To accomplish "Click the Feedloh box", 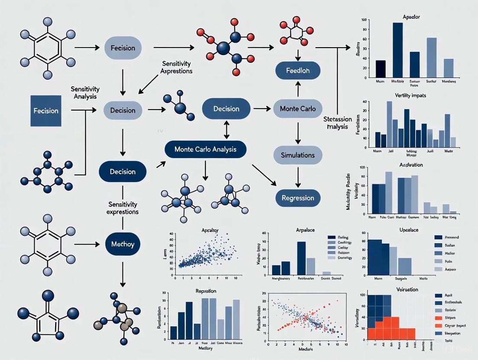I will pyautogui.click(x=298, y=71).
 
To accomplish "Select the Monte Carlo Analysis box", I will pyautogui.click(x=205, y=149).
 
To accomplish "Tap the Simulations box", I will pyautogui.click(x=298, y=154).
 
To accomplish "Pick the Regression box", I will pyautogui.click(x=298, y=198).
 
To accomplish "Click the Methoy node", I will pyautogui.click(x=123, y=244).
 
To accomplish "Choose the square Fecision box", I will pyautogui.click(x=46, y=111).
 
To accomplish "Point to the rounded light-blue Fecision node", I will pyautogui.click(x=123, y=48).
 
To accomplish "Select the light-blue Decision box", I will pyautogui.click(x=123, y=110).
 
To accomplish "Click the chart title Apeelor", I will pyautogui.click(x=411, y=17).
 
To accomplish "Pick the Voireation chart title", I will pyautogui.click(x=407, y=289).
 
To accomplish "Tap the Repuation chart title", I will pyautogui.click(x=206, y=291).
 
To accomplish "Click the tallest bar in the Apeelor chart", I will pyautogui.click(x=397, y=50).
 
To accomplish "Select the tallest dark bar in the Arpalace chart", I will pyautogui.click(x=301, y=258).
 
